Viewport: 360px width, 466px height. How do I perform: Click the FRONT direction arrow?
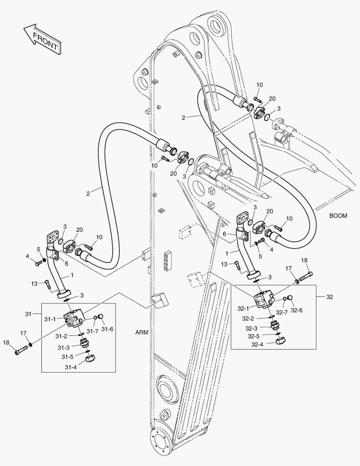tap(42, 39)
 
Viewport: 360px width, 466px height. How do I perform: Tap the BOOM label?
tap(338, 216)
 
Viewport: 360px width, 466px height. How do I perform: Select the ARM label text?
tap(142, 332)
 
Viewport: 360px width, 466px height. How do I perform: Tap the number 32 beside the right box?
tap(330, 296)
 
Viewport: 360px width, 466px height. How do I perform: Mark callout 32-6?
tap(296, 310)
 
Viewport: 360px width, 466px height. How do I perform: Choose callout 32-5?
tap(254, 336)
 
